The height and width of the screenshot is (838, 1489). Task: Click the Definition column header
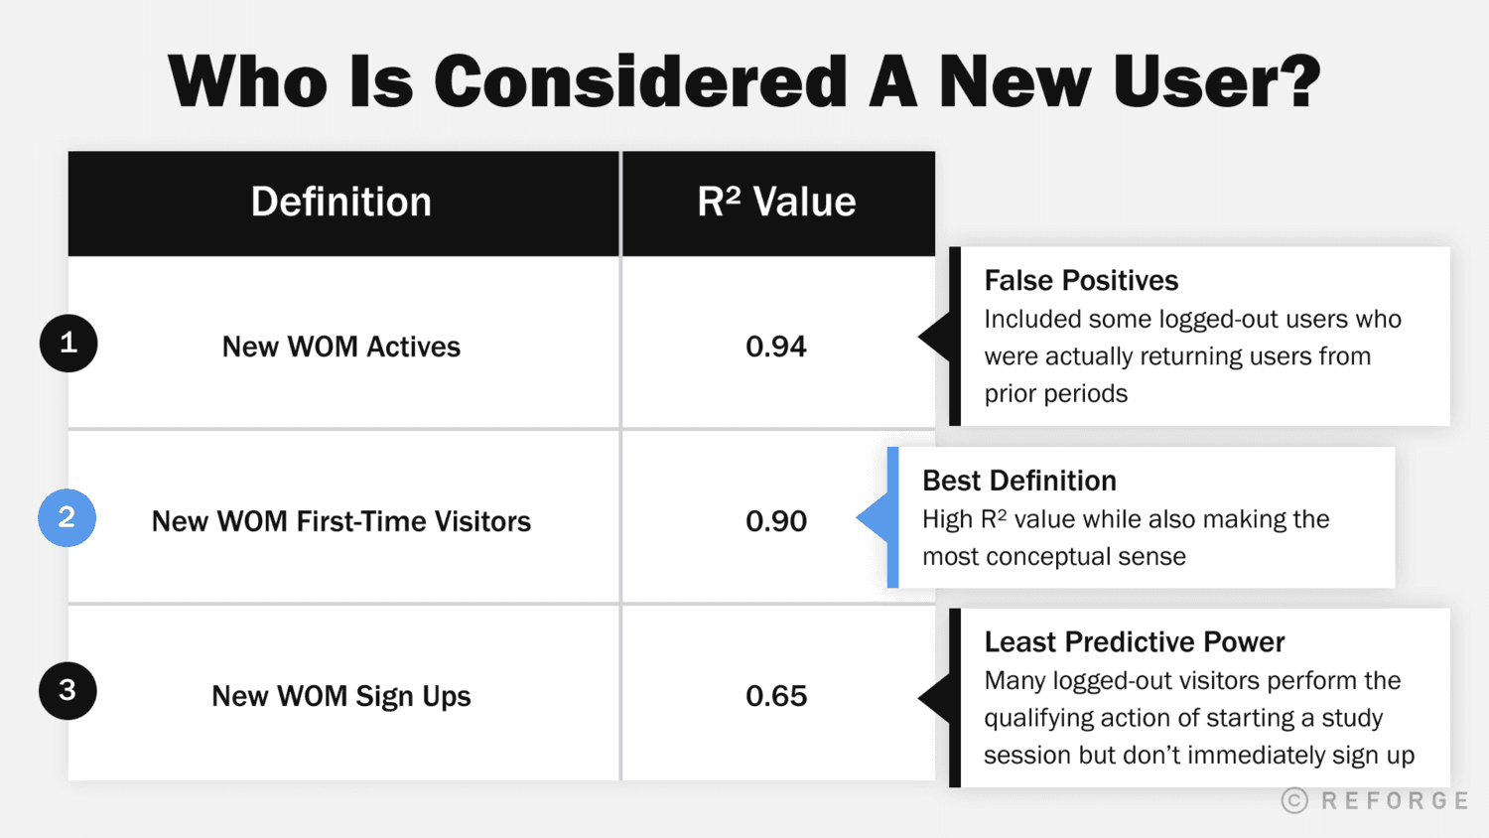coord(341,203)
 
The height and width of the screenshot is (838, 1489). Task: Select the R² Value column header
coord(776,203)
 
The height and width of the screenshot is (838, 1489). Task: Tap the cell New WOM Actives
coord(341,347)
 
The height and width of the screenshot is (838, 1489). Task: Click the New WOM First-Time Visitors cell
coord(341,521)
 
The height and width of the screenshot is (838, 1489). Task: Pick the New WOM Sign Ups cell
coord(341,696)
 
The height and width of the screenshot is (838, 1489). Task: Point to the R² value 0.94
coord(776,347)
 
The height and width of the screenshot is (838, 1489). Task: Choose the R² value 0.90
coord(776,521)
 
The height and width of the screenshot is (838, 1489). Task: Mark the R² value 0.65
coord(776,696)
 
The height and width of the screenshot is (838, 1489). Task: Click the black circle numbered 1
coord(68,344)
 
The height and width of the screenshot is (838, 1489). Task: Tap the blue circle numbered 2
coord(67,517)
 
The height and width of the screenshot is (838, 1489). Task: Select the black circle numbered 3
coord(68,691)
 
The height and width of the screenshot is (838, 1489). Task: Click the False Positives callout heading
coord(1081,281)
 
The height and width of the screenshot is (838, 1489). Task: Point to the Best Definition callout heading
coord(1019,482)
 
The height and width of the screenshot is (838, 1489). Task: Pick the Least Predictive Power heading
coord(1135,642)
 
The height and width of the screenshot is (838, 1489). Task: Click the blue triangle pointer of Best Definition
coord(874,517)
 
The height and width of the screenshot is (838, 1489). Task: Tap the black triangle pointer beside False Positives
coord(936,337)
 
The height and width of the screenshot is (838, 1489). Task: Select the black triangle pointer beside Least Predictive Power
coord(936,698)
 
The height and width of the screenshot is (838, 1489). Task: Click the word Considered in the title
coord(640,82)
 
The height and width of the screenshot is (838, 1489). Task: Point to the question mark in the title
coord(1295,80)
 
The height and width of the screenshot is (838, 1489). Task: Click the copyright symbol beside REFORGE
coord(1294,800)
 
